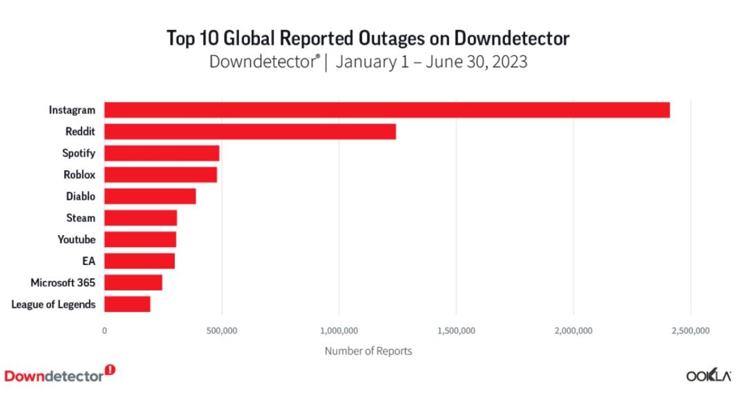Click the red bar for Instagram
point(387,110)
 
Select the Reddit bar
point(249,131)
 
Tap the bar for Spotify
point(162,153)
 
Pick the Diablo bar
point(150,196)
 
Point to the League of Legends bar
point(127,304)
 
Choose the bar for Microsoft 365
point(133,282)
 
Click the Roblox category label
point(79,175)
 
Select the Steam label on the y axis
point(81,218)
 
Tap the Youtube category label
point(77,239)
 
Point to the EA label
point(88,261)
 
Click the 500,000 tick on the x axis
point(222,331)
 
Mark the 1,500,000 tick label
point(456,331)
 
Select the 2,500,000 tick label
point(690,331)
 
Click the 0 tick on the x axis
point(104,331)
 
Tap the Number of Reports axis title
point(368,351)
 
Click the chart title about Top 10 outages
point(368,38)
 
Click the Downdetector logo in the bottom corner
point(54,376)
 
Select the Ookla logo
point(709,376)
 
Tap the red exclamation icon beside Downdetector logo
point(111,370)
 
